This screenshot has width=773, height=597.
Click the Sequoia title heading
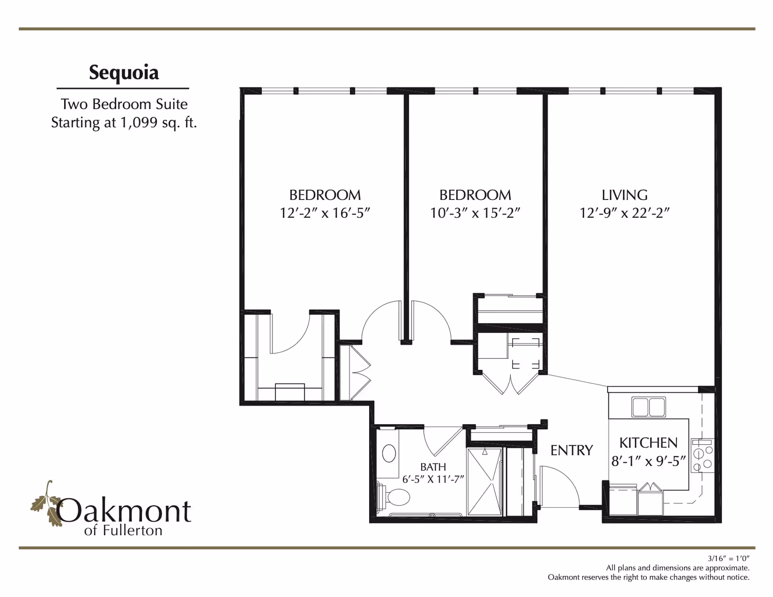click(x=124, y=72)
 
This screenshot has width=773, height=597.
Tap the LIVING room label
click(x=624, y=195)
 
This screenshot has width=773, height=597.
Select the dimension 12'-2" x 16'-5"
click(x=325, y=213)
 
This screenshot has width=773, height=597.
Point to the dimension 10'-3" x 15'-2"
click(x=475, y=213)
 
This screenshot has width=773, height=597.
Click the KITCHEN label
click(x=648, y=442)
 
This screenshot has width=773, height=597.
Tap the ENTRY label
click(x=572, y=450)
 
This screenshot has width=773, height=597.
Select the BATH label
click(x=433, y=467)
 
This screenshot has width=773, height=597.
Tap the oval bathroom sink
click(x=389, y=454)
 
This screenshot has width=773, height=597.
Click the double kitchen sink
click(x=648, y=407)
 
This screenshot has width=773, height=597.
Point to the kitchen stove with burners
click(x=701, y=455)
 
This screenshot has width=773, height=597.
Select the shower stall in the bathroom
click(x=485, y=482)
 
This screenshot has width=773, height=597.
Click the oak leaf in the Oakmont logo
click(x=47, y=505)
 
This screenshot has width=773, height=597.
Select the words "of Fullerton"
click(x=123, y=530)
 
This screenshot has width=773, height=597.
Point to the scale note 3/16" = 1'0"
click(x=728, y=558)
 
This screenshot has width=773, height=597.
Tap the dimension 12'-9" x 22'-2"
click(x=624, y=213)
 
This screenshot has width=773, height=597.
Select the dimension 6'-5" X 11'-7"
click(x=433, y=479)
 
